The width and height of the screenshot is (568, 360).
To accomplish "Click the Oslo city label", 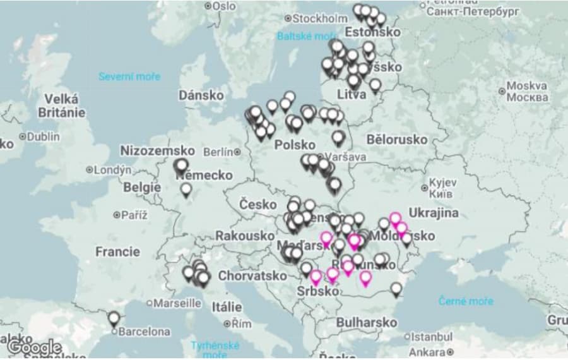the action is pos(223,6).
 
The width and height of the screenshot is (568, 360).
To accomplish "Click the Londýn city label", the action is pos(112,170).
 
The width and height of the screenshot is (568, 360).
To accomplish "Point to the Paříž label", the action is pos(134,215).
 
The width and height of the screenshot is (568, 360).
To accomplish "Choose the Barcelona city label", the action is pos(145,331).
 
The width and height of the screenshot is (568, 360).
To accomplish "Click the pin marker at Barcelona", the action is pos(114,318).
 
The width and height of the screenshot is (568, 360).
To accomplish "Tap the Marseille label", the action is pos(177,303).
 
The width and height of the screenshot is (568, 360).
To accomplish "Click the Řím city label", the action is pos(241,323).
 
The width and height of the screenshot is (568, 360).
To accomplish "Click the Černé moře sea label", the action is pos(466,301).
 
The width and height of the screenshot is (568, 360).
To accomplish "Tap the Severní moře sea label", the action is pos(129,76).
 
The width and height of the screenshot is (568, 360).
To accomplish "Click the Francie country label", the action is pos(117,251).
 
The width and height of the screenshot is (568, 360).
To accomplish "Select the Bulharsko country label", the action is pos(367,322).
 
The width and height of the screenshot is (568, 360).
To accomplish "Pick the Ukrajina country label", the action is pos(434,212).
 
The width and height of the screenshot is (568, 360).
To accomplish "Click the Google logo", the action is pos(34,347).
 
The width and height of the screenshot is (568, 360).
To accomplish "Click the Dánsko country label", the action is pos(201,95).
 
